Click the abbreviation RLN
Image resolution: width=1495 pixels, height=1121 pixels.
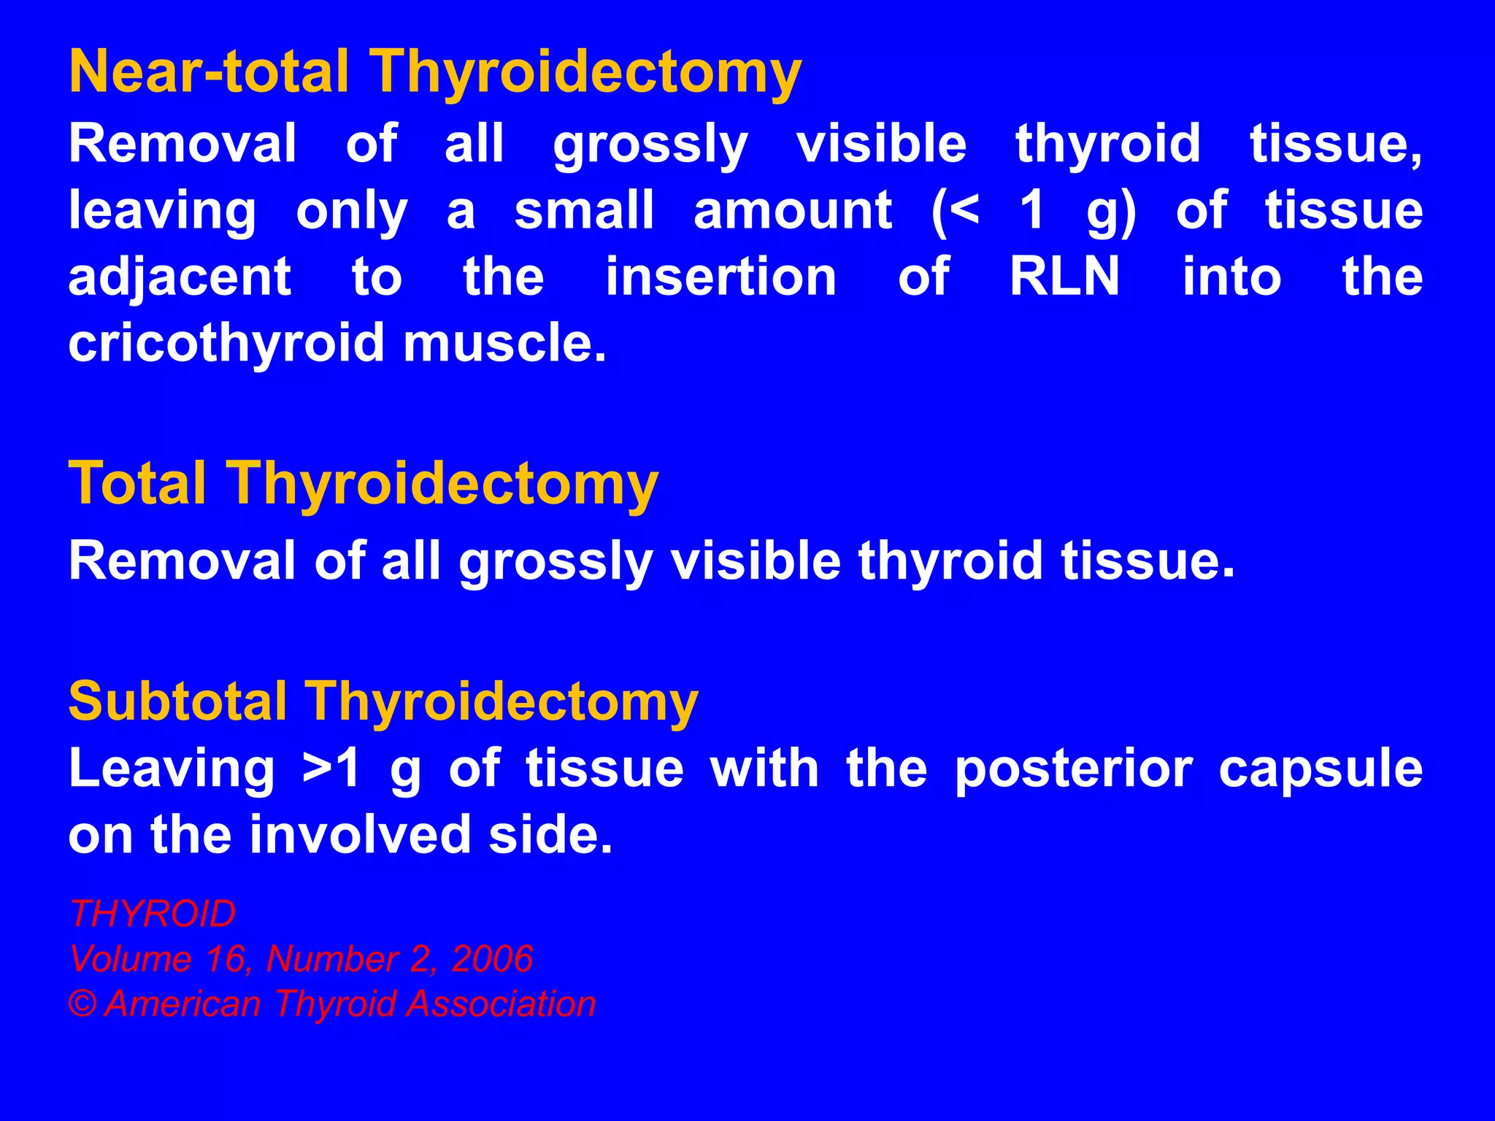click(x=1064, y=277)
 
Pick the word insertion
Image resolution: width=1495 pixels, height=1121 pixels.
click(x=720, y=277)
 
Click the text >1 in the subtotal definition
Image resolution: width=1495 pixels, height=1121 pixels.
click(x=331, y=769)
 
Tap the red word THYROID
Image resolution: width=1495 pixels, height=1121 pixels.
click(x=153, y=914)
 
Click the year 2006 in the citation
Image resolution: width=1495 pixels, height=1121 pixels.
click(x=492, y=959)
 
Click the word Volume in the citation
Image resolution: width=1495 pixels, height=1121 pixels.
click(x=130, y=959)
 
